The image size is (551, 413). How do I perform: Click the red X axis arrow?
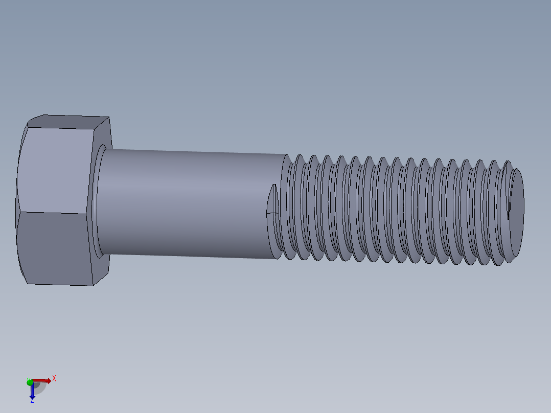click(43, 381)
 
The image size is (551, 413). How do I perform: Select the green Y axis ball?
click(30, 382)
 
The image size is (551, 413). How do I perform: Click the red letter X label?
click(54, 379)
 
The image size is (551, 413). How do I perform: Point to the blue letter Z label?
click(32, 400)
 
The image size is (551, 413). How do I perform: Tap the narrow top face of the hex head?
click(69, 122)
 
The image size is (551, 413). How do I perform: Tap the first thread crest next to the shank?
click(289, 207)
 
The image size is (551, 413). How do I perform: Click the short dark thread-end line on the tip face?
click(509, 210)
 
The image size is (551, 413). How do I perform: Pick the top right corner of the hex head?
click(109, 118)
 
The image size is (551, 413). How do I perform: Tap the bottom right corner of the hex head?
click(93, 285)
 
